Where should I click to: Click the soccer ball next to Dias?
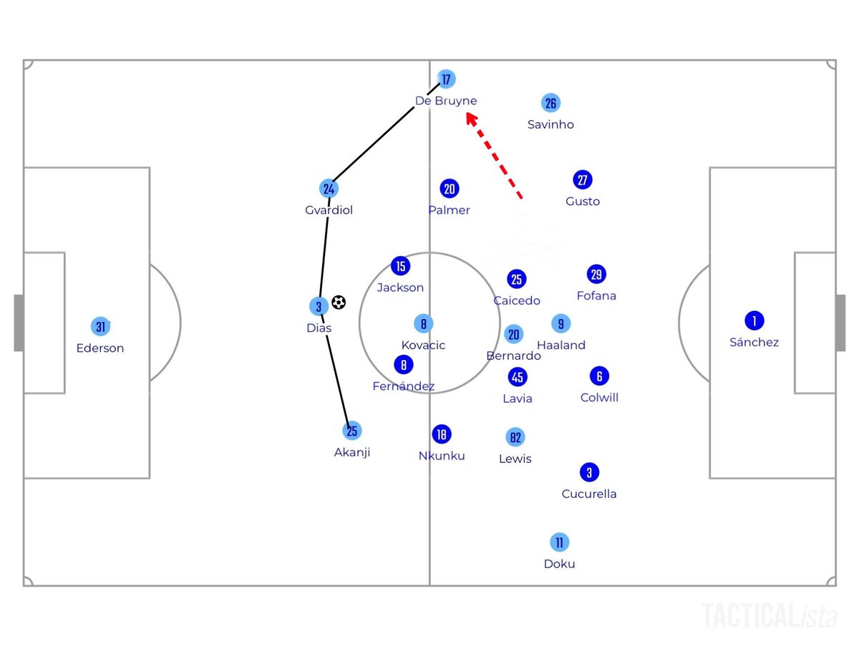click(x=339, y=303)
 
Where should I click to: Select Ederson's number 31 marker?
click(x=101, y=327)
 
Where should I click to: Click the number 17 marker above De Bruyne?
click(x=447, y=79)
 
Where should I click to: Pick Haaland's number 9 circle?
click(x=561, y=323)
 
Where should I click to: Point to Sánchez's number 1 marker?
click(x=754, y=320)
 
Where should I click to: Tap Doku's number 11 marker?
click(x=559, y=542)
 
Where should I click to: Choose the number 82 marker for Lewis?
click(x=515, y=437)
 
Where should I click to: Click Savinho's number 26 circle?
click(x=550, y=103)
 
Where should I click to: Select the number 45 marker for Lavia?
click(x=518, y=377)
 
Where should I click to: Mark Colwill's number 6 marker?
click(x=599, y=376)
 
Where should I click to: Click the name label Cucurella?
click(x=589, y=494)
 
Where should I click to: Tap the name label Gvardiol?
click(x=329, y=211)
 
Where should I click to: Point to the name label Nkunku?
click(x=442, y=456)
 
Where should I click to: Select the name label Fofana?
click(x=596, y=295)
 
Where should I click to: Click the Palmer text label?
click(x=450, y=211)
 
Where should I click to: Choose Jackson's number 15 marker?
click(x=401, y=267)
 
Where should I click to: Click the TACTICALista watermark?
click(x=770, y=616)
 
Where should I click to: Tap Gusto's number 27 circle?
click(x=583, y=180)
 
